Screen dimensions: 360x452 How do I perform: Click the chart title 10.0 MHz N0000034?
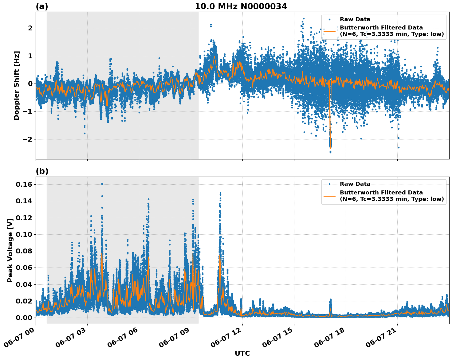pyautogui.click(x=241, y=6)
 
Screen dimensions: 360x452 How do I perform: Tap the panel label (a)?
pyautogui.click(x=42, y=6)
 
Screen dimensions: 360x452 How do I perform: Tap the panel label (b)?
pyautogui.click(x=42, y=171)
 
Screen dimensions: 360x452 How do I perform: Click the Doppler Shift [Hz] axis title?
pyautogui.click(x=17, y=85)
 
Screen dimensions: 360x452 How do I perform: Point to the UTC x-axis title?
pyautogui.click(x=242, y=353)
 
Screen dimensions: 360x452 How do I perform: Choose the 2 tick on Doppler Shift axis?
pyautogui.click(x=30, y=28)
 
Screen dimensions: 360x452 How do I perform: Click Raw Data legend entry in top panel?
pyautogui.click(x=355, y=19)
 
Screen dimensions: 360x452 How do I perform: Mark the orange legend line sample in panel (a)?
pyautogui.click(x=329, y=31)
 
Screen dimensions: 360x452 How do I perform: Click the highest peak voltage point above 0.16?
pyautogui.click(x=102, y=184)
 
